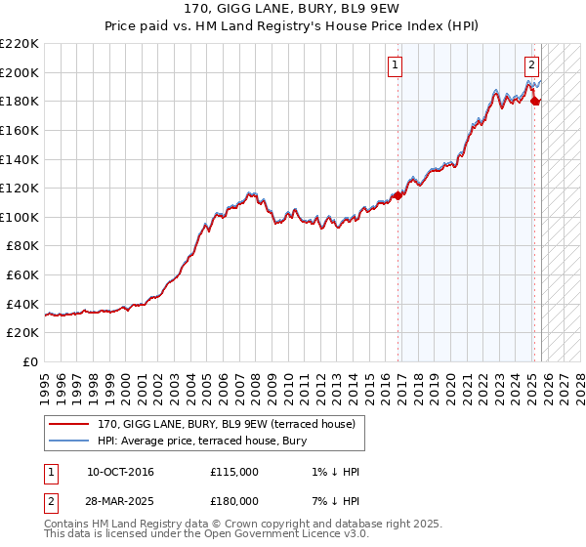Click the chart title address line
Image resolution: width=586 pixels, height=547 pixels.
point(292,10)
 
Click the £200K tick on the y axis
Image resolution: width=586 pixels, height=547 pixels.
point(20,72)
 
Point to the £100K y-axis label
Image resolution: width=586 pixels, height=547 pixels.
point(20,217)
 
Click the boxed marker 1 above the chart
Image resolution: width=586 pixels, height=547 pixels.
point(396,66)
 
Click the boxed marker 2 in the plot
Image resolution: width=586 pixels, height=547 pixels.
point(531,66)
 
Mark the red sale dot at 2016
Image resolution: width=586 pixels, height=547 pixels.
point(398,195)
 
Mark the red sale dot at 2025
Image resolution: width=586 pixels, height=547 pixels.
point(535,101)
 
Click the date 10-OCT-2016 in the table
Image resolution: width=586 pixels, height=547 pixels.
point(120,473)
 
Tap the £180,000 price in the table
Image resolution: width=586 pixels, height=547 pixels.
point(234,501)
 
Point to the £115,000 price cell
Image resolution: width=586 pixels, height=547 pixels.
point(234,473)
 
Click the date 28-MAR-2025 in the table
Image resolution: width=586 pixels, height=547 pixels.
point(120,501)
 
